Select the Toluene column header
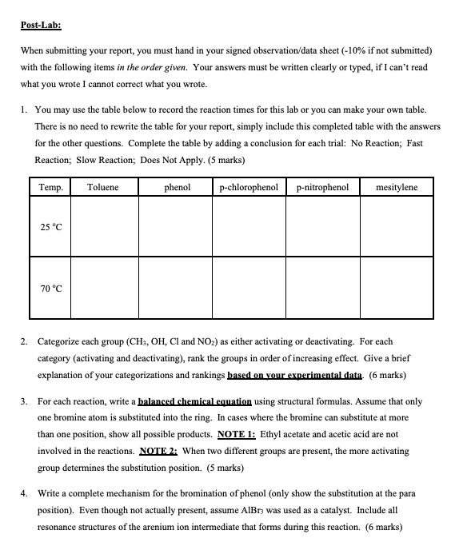tap(102, 187)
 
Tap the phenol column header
tap(177, 187)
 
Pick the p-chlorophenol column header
tap(248, 187)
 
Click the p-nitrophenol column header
tap(322, 187)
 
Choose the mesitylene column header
tap(397, 187)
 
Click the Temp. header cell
tap(50, 187)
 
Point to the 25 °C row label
tap(50, 227)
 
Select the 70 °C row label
tap(50, 288)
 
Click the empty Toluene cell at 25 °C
tap(102, 227)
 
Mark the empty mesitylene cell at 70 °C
tap(397, 288)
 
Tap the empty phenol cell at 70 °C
tap(177, 288)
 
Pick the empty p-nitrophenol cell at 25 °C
tap(322, 227)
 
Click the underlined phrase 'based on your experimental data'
tap(295, 375)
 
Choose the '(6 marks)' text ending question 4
tap(381, 527)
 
